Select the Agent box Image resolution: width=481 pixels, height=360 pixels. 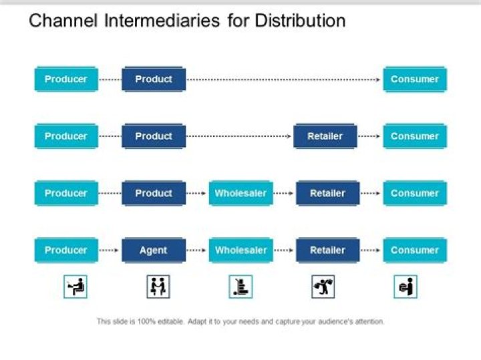coord(153,250)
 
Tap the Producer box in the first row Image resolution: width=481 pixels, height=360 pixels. coord(65,79)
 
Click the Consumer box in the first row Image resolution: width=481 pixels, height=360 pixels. coord(414,79)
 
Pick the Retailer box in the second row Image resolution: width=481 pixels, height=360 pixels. coord(325,136)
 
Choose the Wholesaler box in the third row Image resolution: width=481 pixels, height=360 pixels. coord(240,194)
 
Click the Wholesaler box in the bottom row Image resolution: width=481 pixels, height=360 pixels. coord(240,250)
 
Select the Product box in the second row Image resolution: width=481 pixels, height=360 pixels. coord(153,136)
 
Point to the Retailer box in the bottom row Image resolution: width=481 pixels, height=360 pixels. coord(327,250)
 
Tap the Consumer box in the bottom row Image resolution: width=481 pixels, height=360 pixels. coord(414,250)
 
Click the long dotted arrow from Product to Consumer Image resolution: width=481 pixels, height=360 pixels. coord(283,79)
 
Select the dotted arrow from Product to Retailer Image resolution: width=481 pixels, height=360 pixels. coord(238,136)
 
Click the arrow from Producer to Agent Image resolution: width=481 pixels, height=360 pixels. coord(110,250)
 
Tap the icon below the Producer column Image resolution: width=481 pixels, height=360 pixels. coord(75,287)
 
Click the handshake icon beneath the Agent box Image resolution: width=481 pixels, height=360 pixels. coord(158,287)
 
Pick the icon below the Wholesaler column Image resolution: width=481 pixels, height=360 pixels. coord(240,287)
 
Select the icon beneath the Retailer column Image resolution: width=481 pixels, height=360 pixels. coord(323,287)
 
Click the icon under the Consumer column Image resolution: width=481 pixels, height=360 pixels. coord(406,287)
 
